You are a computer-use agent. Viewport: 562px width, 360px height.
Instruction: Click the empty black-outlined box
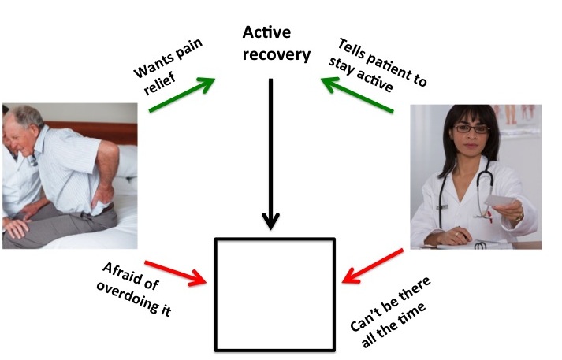tap(275, 293)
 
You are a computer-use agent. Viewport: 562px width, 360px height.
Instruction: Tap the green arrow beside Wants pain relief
tap(182, 94)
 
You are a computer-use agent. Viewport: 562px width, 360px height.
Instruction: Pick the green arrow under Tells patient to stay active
tap(356, 93)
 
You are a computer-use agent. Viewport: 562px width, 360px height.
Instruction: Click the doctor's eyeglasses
tap(470, 128)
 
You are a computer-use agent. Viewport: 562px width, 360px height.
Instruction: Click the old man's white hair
tap(28, 117)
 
